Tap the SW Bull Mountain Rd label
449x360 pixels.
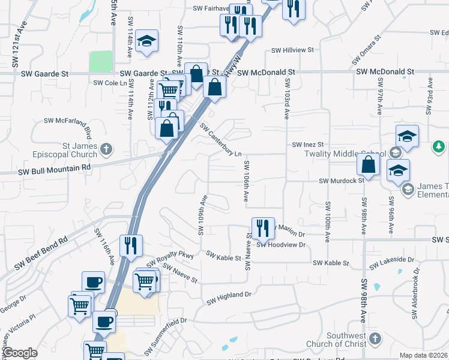(54, 169)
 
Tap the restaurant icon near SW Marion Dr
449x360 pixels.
(263, 227)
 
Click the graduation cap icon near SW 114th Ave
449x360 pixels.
(146, 41)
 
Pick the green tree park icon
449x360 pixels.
(439, 146)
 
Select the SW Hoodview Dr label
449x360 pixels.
(281, 245)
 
